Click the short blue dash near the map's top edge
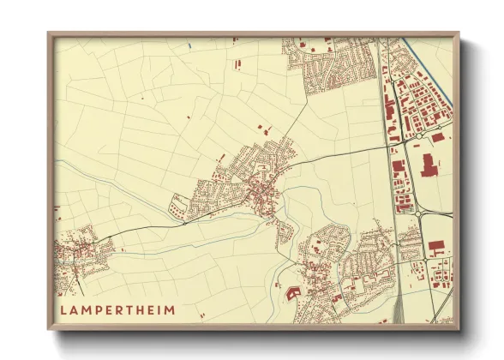[x=187, y=45]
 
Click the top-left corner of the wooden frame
[x=50, y=34]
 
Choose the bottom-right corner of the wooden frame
[x=459, y=328]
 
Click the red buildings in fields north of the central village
[x=262, y=129]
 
